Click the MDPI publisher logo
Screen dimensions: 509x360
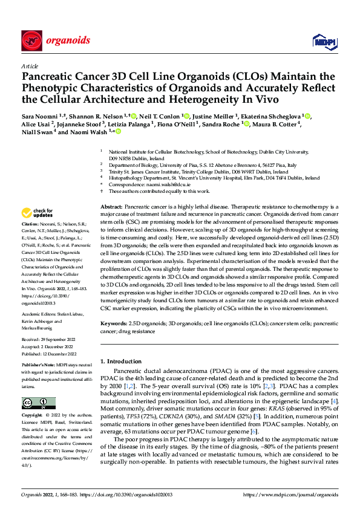click(321, 41)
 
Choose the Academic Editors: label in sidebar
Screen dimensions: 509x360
click(41, 315)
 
